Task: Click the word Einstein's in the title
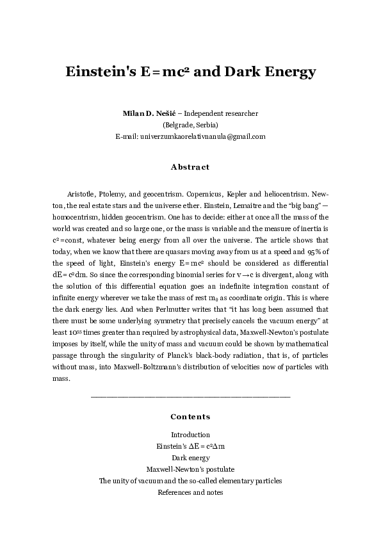click(x=98, y=72)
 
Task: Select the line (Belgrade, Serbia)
click(x=190, y=125)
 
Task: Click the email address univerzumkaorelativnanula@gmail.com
click(x=202, y=136)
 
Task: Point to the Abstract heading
click(x=190, y=167)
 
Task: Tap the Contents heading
click(x=190, y=417)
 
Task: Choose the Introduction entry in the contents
click(x=190, y=435)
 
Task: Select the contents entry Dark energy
click(x=190, y=458)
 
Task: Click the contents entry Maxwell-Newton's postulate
click(x=190, y=469)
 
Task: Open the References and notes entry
click(x=190, y=492)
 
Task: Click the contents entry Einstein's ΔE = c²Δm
click(x=190, y=446)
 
